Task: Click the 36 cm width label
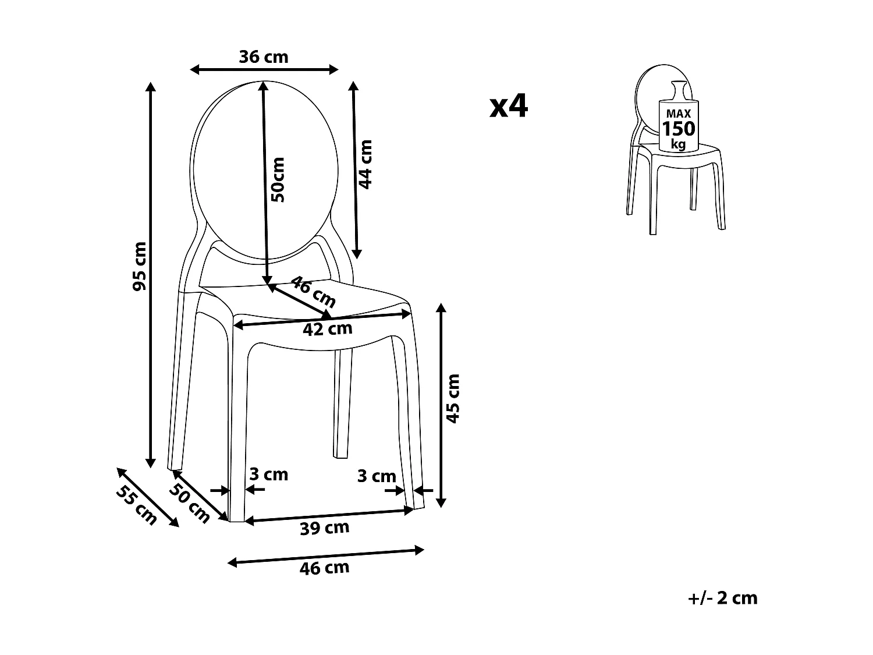264,57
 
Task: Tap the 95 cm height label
140,266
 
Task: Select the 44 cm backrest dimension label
365,164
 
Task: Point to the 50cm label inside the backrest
279,179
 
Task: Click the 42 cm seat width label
328,329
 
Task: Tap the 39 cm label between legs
325,528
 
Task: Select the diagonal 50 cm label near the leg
190,504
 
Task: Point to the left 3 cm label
269,475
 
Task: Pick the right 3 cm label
376,476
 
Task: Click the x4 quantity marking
509,107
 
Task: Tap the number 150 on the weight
679,129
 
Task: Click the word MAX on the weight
679,114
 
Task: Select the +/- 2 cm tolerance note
722,598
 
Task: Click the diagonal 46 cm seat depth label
313,292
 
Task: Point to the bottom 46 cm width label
325,568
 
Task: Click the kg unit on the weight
678,144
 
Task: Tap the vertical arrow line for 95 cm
151,349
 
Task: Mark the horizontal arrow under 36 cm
264,70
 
